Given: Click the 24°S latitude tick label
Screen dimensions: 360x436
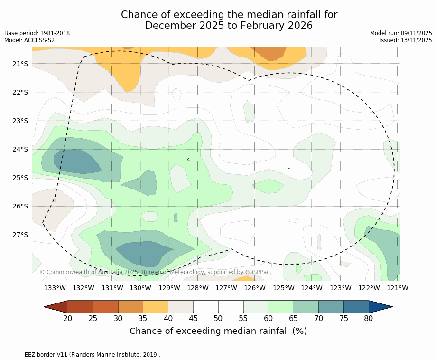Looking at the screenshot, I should pos(20,149).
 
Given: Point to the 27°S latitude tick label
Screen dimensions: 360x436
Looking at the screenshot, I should pos(20,235).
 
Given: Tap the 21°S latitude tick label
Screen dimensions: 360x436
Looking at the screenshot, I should pos(20,64).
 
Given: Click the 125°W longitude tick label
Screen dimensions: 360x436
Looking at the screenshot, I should pos(283,288).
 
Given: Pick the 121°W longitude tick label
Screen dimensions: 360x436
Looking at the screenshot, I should pos(398,288).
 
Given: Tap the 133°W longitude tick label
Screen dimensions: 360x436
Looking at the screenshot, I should pos(55,288).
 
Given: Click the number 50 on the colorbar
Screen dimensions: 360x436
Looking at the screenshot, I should pos(218,318).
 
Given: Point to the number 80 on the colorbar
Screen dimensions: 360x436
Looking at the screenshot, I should pos(369,318).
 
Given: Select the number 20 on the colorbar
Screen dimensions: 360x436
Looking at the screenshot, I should pos(68,318).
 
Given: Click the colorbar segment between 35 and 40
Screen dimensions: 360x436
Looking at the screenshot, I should pos(156,307).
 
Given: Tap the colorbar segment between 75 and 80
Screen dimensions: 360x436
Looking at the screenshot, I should pos(356,307).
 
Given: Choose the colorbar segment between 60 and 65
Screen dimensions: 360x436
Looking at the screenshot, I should pos(281,307).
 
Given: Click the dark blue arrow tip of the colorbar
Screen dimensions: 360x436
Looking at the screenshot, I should pos(380,307).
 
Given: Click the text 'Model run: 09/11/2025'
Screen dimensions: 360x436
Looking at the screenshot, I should pos(401,33).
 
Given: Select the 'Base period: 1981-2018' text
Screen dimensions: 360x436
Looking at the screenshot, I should pos(37,33).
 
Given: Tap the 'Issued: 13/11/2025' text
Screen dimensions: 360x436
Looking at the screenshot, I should pos(406,40).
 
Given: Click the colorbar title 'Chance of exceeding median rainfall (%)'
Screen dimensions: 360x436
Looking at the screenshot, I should pos(218,331).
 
